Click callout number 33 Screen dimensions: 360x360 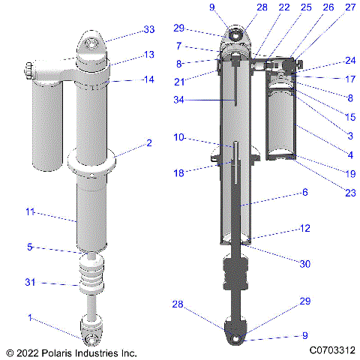point(148,30)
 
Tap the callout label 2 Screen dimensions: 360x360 point(149,142)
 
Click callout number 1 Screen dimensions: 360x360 point(30,318)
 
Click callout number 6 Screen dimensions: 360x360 point(304,192)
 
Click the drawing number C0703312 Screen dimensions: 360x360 point(330,350)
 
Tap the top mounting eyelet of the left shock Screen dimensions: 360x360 point(94,44)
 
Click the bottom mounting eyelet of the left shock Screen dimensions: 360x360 point(93,328)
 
